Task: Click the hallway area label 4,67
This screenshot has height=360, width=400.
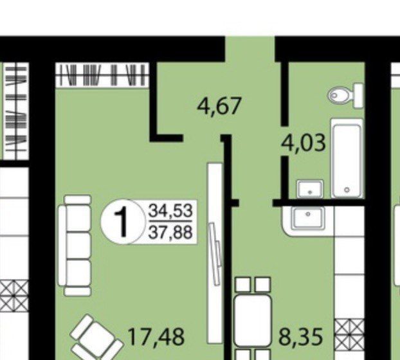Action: (219, 106)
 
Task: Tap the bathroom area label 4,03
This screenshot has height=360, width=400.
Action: (304, 143)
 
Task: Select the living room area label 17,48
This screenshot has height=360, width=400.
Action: (156, 337)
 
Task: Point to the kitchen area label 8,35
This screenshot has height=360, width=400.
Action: (301, 337)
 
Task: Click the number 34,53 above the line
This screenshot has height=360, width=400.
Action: (170, 211)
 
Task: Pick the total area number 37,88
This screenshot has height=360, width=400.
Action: (170, 232)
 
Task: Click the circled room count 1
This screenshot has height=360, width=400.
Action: (121, 222)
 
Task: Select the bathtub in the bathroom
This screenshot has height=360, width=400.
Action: (347, 158)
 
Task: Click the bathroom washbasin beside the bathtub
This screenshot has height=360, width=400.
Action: (310, 189)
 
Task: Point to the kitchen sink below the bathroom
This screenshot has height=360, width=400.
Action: (309, 218)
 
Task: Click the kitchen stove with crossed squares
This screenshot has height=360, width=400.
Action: (349, 334)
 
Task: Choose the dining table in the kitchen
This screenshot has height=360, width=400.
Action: (252, 321)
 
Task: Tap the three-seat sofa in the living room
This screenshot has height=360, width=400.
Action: (75, 246)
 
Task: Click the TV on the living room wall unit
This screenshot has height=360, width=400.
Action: (215, 254)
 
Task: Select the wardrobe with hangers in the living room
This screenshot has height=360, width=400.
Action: (102, 75)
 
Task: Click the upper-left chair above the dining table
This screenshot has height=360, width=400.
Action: (242, 285)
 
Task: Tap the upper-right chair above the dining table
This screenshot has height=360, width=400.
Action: (263, 285)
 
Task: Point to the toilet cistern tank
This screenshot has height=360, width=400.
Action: (359, 96)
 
